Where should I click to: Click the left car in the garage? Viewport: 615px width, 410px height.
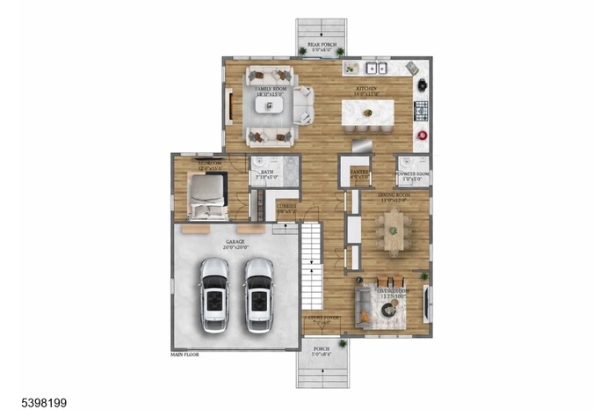(x=215, y=295)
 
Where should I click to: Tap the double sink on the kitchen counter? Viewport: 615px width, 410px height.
(x=379, y=68)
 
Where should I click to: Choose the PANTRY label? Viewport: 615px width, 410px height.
(x=358, y=174)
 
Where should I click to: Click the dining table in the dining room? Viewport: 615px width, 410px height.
(x=393, y=228)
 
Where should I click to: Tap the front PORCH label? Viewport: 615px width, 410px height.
(x=322, y=349)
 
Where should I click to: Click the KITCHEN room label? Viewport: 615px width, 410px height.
(x=367, y=90)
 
